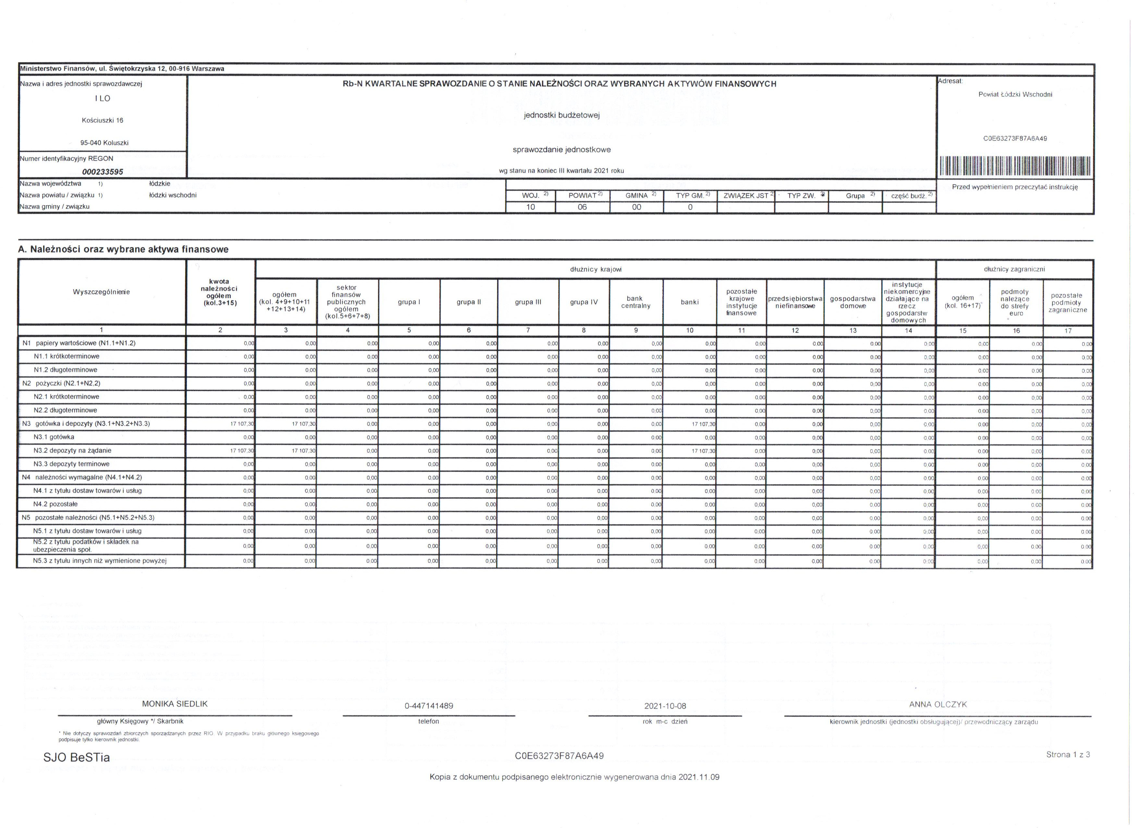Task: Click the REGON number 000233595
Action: pyautogui.click(x=103, y=172)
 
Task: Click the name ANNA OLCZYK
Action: pyautogui.click(x=937, y=704)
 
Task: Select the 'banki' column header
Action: pyautogui.click(x=690, y=302)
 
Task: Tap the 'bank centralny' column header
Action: pyautogui.click(x=635, y=302)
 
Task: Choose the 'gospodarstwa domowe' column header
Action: pyautogui.click(x=853, y=302)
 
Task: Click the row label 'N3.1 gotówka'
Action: pyautogui.click(x=54, y=437)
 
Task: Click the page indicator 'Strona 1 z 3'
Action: pyautogui.click(x=1068, y=755)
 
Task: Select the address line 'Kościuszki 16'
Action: pyautogui.click(x=103, y=120)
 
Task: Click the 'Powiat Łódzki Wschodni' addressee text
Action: pyautogui.click(x=1015, y=94)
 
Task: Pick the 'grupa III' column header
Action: pyautogui.click(x=528, y=302)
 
